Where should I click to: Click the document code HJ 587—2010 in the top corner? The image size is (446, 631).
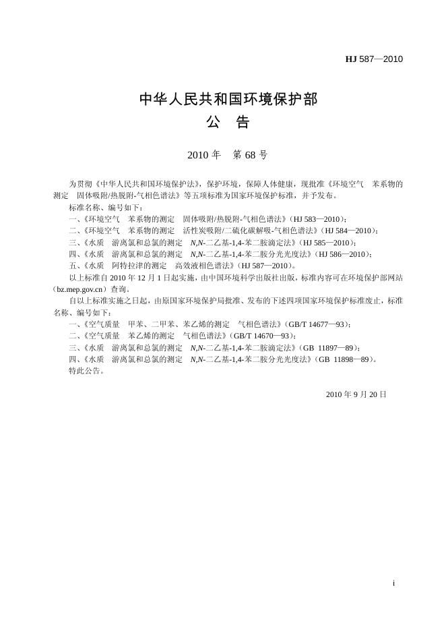(374, 59)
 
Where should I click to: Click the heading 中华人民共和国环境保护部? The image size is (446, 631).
(228, 100)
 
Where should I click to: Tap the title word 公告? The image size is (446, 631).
(228, 123)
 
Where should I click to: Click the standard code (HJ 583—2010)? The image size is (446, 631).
(318, 219)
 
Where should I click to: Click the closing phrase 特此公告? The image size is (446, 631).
(86, 371)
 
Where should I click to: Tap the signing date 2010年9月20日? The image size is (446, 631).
(356, 393)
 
